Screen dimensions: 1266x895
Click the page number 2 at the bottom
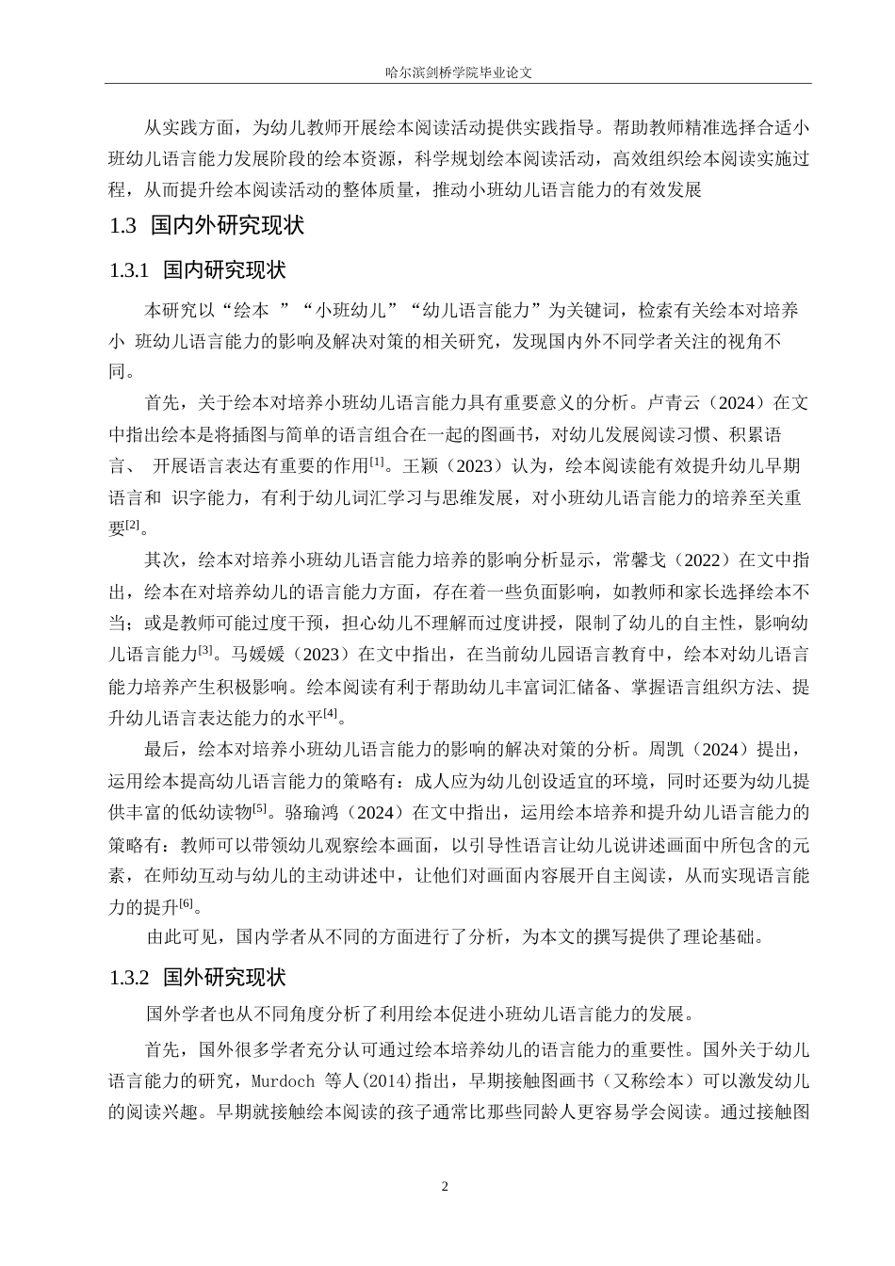447,1185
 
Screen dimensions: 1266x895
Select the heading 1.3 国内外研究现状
206,226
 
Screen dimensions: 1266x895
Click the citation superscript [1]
377,461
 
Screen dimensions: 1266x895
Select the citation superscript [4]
330,713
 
